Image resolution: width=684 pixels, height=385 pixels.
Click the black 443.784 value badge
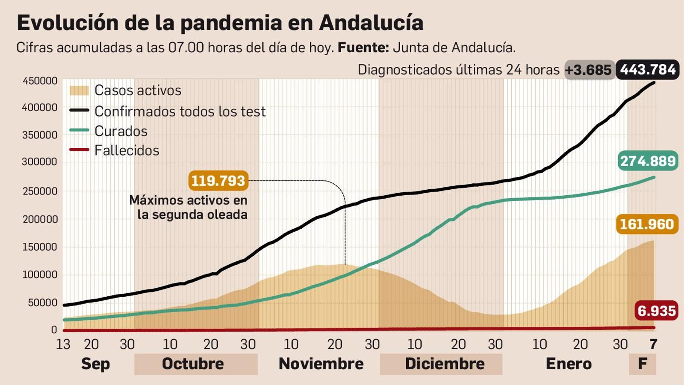click(647, 70)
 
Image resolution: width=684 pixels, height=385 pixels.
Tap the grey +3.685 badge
click(589, 70)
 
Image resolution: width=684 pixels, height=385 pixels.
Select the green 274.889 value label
click(648, 161)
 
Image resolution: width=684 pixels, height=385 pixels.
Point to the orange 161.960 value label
click(647, 224)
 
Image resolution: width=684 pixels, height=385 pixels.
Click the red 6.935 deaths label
click(657, 310)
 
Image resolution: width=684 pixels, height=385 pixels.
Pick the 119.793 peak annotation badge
click(218, 181)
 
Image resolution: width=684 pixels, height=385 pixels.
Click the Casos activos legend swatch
click(79, 90)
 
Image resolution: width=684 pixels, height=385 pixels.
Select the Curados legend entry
click(121, 131)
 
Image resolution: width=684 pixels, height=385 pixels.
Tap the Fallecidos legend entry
click(127, 150)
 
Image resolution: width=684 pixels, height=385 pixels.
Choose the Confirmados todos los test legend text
click(180, 111)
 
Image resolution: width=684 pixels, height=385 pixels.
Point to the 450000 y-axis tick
click(40, 81)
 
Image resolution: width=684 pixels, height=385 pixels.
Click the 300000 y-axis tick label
click(40, 162)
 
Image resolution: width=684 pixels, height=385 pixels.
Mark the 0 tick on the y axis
click(54, 330)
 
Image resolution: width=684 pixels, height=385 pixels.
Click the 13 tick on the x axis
click(63, 344)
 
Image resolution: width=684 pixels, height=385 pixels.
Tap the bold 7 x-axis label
click(653, 344)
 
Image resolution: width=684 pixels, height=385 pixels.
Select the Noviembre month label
click(321, 364)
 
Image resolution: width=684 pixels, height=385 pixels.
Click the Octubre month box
click(195, 364)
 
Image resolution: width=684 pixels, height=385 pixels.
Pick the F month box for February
click(642, 364)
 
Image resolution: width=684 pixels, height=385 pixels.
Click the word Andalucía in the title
click(371, 23)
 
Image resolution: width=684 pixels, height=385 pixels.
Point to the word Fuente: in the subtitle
click(363, 48)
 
